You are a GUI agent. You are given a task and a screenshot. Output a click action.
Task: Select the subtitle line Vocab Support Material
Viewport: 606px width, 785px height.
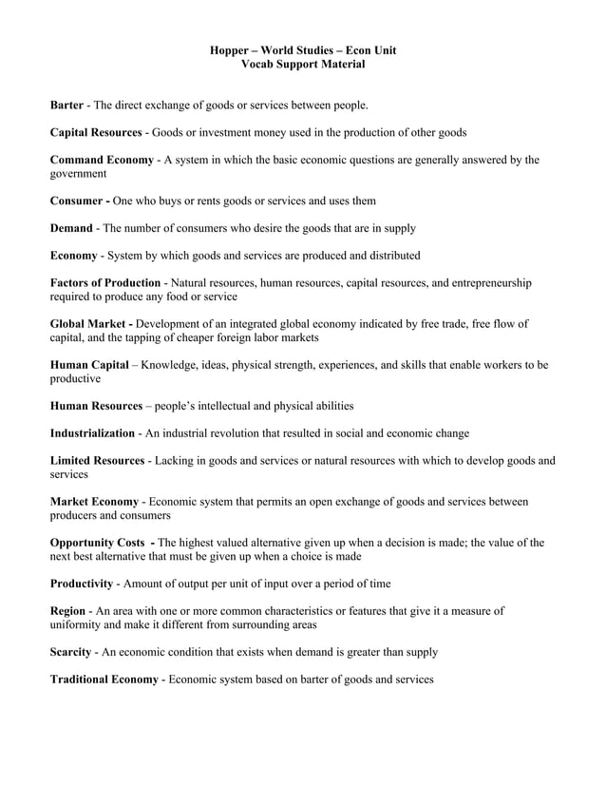[x=303, y=64]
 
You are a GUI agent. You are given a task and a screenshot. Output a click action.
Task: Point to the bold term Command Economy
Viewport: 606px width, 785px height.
[x=101, y=160]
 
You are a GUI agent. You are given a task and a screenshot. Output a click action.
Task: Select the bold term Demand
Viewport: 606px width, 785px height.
[x=71, y=228]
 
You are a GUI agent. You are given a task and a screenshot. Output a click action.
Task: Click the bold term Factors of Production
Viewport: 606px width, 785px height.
[x=104, y=283]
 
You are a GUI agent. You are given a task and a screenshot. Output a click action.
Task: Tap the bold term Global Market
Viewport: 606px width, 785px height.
[x=91, y=324]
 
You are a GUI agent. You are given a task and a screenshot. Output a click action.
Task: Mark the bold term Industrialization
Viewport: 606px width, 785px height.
[x=92, y=433]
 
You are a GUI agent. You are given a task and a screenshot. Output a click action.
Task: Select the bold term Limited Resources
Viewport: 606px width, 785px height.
[x=97, y=461]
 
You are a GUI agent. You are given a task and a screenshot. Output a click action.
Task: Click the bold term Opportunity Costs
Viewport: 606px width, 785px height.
[x=97, y=543]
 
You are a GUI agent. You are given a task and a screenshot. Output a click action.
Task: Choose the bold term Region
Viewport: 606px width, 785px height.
[x=68, y=611]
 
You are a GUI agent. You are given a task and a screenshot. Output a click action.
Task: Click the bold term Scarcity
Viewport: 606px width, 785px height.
[x=71, y=653]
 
